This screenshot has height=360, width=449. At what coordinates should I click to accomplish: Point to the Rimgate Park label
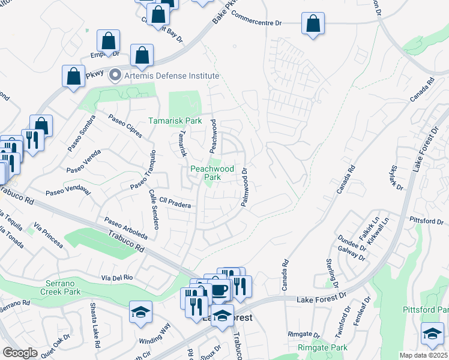(x=322, y=347)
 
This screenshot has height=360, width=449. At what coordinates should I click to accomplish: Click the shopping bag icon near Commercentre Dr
(x=313, y=25)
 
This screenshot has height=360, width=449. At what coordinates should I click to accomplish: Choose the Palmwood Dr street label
(x=245, y=188)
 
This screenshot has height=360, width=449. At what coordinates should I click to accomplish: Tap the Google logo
(x=20, y=353)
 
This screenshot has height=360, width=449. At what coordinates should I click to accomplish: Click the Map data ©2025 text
(x=423, y=355)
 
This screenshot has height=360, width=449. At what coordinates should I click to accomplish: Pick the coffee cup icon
(x=219, y=290)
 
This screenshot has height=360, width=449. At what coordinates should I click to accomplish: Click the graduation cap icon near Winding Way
(x=140, y=312)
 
